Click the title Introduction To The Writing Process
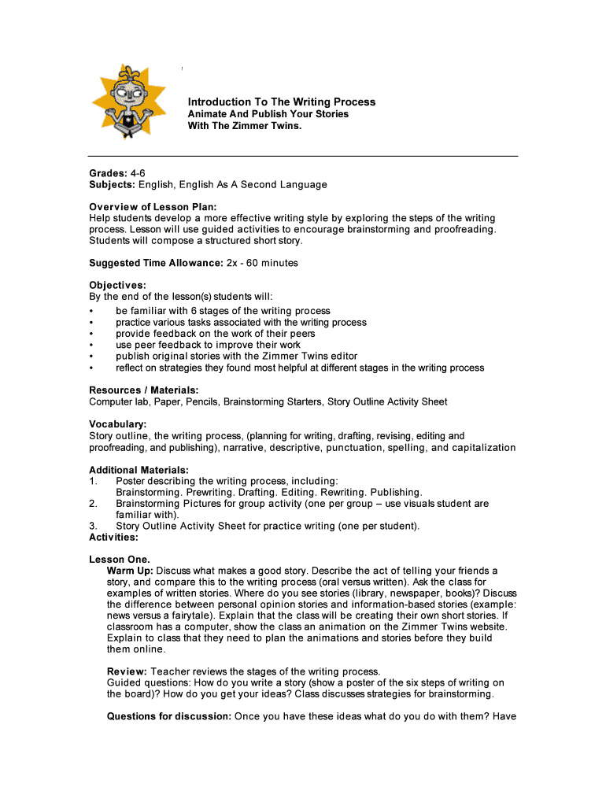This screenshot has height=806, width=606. pos(281,102)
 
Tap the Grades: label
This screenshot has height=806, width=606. pos(108,172)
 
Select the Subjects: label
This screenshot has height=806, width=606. pos(113,184)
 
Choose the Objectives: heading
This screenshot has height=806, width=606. pos(117,285)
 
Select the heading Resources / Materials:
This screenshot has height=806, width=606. pos(143,390)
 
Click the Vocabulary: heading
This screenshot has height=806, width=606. pos(118,424)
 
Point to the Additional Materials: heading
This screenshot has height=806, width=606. pos(139,470)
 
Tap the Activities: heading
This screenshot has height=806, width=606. pos(114,538)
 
